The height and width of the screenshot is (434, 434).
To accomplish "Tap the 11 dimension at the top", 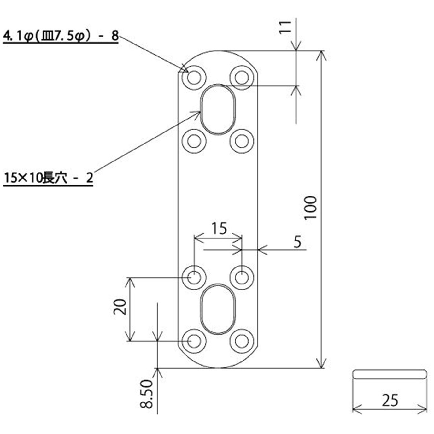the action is [285, 27].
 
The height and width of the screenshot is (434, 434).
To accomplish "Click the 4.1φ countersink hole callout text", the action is [61, 36].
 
